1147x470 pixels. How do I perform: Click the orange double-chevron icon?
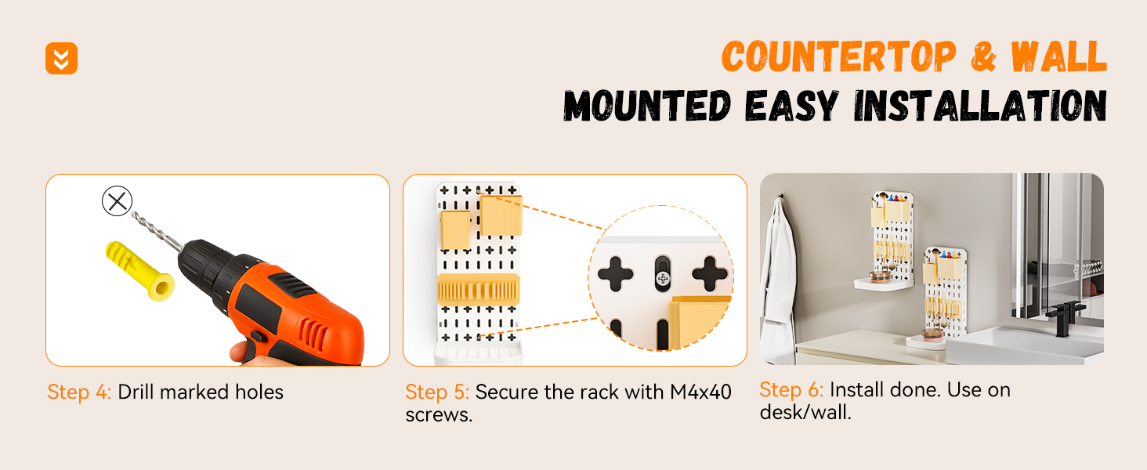pos(61,59)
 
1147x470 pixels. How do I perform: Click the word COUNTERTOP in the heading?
pos(839,56)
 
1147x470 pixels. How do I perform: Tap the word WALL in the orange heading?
pos(1059,56)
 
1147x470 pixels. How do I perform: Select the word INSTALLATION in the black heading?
pos(981,106)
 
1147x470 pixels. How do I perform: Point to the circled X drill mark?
pos(118,201)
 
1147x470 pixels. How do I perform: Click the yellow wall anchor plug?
pos(139,271)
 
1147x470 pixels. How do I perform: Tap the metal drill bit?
pos(156,231)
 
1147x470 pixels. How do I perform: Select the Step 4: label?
pos(79,392)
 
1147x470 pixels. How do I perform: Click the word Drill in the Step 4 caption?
pos(136,392)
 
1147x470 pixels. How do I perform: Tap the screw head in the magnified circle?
pos(663,279)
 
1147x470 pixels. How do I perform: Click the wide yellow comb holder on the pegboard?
pos(478,290)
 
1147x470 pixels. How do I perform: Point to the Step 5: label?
pos(437,392)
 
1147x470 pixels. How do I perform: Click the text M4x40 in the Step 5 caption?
pos(700,392)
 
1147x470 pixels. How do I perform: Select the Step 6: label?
pos(791,390)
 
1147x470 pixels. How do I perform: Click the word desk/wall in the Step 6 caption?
pos(805,412)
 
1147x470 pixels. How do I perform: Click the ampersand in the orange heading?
pos(984,56)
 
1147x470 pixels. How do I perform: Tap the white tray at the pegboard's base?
pos(478,353)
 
